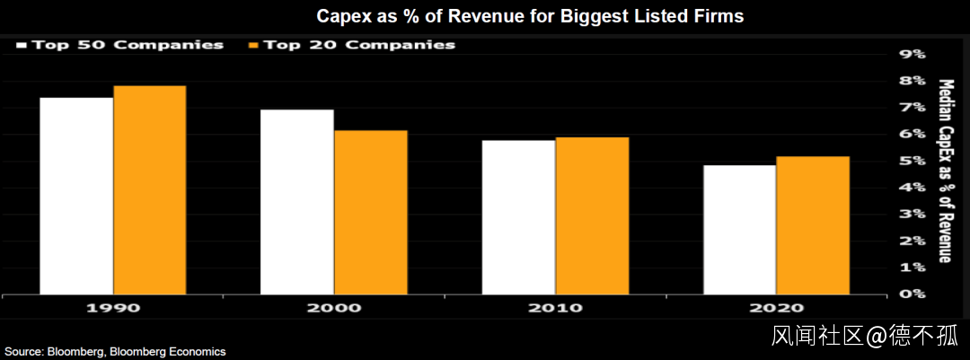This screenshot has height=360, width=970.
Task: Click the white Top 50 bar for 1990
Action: point(76,196)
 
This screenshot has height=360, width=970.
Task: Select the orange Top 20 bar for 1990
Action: point(149,189)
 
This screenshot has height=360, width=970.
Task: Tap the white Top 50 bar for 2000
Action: point(297,202)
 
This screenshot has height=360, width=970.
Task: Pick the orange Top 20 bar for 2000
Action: point(370,212)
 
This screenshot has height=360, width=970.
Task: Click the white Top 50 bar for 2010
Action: point(518,216)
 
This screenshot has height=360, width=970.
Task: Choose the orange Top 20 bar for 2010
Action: point(592,215)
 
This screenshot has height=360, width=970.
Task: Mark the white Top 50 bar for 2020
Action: point(739,229)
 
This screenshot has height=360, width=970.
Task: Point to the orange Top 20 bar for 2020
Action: point(812,225)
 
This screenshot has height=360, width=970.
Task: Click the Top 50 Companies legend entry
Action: point(119,44)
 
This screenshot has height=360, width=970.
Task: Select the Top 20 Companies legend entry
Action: point(351,44)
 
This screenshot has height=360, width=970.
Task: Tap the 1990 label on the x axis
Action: point(112,308)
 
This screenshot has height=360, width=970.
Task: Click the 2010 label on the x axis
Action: point(555,308)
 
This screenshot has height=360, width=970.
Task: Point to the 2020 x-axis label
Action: point(776,308)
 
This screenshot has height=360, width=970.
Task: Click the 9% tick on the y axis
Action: point(912,54)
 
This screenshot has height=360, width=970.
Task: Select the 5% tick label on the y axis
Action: point(912,161)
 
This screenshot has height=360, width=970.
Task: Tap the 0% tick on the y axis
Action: point(912,294)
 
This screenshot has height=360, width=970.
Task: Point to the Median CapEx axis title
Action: point(945,171)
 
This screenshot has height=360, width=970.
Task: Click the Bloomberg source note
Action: point(114,352)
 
